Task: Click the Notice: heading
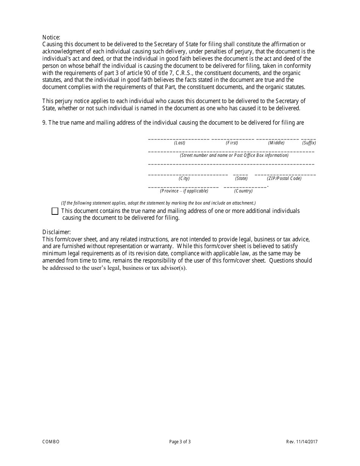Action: point(51,37)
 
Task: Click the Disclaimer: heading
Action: point(56,232)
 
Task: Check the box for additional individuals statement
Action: point(55,211)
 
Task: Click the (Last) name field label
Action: point(180,143)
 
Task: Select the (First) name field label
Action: point(232,143)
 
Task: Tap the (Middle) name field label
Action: point(276,143)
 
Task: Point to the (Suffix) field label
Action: point(309,143)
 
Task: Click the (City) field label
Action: point(184,178)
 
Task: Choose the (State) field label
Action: point(241,178)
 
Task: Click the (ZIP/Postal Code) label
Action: point(284,178)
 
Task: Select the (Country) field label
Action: point(243,191)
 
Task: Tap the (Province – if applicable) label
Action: point(184,191)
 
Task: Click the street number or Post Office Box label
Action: point(234,155)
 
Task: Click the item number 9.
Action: point(44,123)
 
